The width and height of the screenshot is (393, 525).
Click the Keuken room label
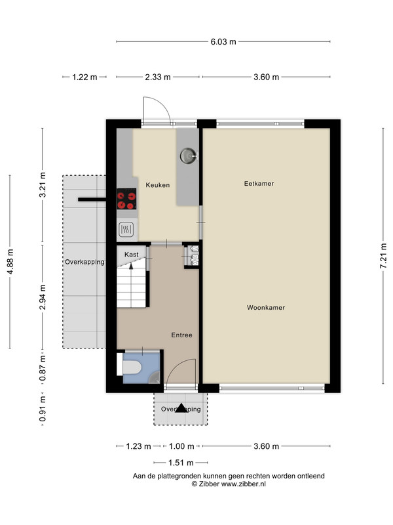(157, 185)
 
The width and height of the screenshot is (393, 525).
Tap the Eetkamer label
(259, 184)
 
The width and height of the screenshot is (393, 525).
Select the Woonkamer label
(266, 307)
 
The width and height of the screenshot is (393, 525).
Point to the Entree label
(182, 335)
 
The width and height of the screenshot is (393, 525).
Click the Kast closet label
(132, 255)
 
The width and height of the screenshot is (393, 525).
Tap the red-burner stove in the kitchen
(126, 199)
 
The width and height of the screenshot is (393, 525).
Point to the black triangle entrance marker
(181, 408)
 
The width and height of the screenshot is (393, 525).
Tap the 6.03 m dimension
(223, 42)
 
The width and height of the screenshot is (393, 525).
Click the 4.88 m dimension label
(10, 262)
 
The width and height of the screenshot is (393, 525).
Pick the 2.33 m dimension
(158, 77)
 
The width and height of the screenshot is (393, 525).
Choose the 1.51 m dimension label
(181, 463)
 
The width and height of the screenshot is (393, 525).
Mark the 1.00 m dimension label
(181, 446)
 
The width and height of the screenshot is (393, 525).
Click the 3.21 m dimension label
(43, 185)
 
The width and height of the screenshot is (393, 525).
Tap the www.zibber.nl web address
(244, 484)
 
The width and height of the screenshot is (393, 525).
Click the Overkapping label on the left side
(84, 262)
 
